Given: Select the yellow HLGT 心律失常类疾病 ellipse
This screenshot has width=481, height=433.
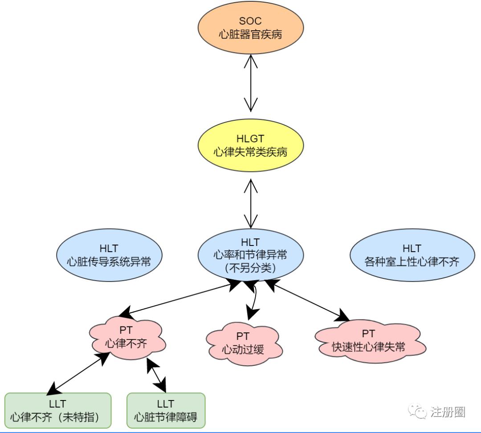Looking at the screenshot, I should (251, 146).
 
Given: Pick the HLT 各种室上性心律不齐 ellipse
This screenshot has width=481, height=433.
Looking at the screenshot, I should (411, 255).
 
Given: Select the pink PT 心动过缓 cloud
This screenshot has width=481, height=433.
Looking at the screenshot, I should (243, 343).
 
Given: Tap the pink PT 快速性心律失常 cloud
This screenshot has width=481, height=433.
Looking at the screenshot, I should (368, 341).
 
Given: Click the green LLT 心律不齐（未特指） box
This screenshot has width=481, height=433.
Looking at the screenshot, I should (57, 410).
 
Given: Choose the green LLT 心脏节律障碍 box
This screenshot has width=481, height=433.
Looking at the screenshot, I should (166, 410).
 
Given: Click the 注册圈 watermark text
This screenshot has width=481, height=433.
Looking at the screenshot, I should (448, 412).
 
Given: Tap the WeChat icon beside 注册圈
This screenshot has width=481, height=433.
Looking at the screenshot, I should (418, 412).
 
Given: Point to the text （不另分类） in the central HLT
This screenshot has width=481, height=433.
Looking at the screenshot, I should (251, 268).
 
